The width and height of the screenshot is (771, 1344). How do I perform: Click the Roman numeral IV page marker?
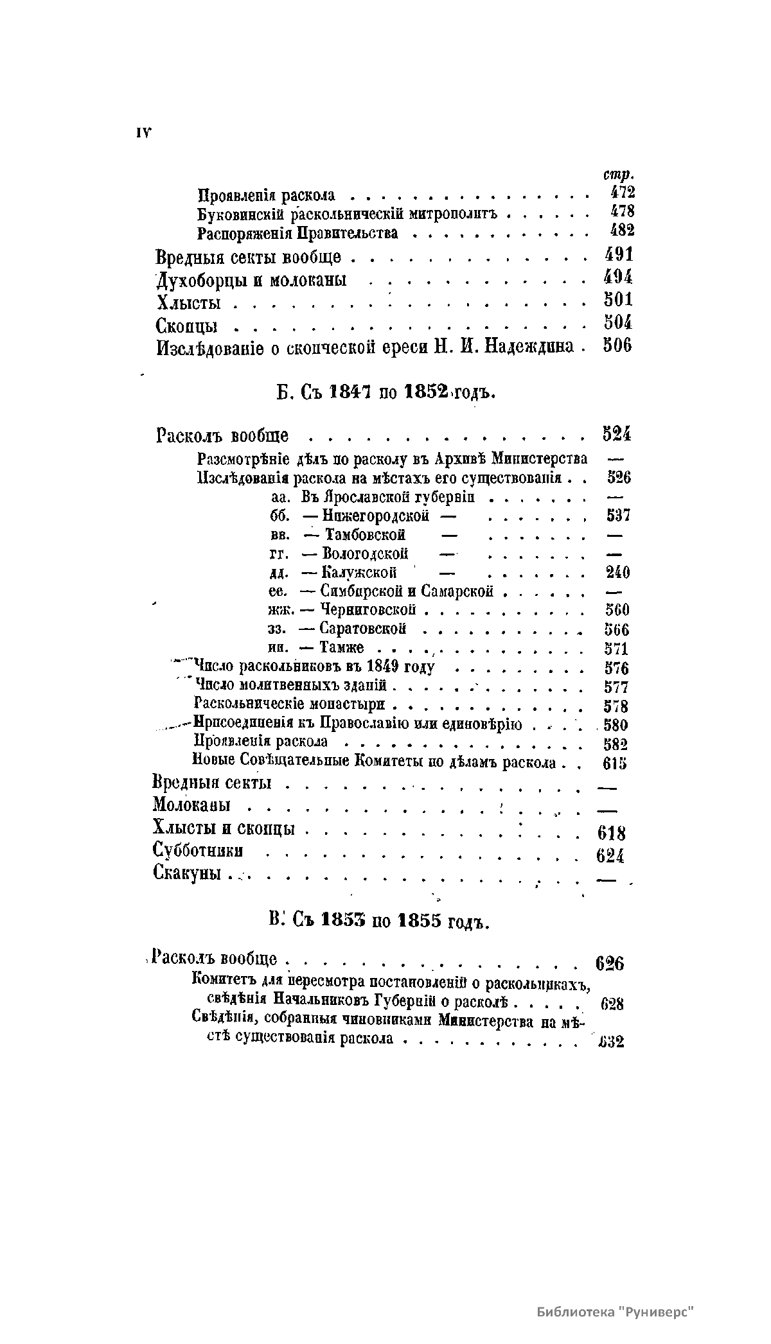143,132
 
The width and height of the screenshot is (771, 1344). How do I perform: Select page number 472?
621,193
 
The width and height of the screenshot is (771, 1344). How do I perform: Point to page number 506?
617,345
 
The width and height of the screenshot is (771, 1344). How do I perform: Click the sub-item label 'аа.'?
279,497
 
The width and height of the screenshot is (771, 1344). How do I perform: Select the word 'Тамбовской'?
365,535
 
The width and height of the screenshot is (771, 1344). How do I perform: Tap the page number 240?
618,572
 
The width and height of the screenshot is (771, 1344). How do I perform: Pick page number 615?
615,764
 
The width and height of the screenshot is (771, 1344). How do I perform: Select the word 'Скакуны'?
187,873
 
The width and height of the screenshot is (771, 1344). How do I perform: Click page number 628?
612,1004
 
